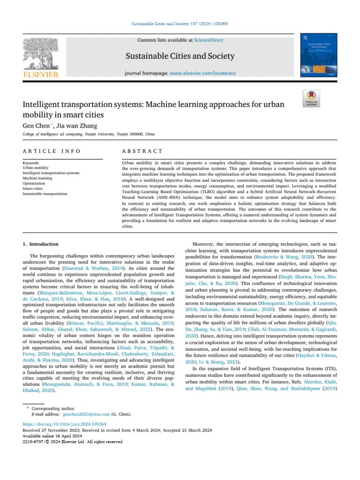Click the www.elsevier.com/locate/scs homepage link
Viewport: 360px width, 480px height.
[x=202, y=74]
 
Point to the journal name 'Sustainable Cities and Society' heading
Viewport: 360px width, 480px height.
[x=180, y=57]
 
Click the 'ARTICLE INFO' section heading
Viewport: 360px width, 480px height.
[x=52, y=151]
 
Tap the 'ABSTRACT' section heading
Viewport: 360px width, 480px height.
[x=142, y=151]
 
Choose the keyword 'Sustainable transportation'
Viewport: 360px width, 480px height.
[x=45, y=193]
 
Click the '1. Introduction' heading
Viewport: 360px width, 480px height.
[x=41, y=244]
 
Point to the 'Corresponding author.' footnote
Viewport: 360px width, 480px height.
[x=53, y=409]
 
